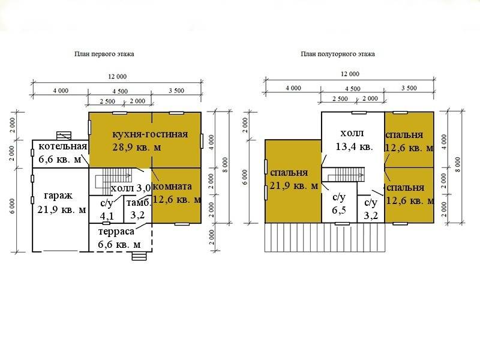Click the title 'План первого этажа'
[104, 54]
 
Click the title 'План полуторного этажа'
[338, 54]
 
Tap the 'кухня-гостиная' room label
[151, 134]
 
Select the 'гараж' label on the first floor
[58, 196]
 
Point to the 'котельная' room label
[63, 146]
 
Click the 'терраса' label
[116, 232]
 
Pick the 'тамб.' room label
[139, 203]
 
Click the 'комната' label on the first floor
[172, 186]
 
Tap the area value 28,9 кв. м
[137, 147]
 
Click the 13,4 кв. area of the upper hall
[354, 146]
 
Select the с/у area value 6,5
[339, 210]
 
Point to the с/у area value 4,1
[107, 215]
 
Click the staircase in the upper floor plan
[346, 175]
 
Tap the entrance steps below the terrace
[139, 256]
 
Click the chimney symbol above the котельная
[64, 136]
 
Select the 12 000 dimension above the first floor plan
[117, 77]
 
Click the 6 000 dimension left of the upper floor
[245, 177]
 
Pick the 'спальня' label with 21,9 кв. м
[289, 173]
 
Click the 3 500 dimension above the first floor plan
[176, 91]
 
